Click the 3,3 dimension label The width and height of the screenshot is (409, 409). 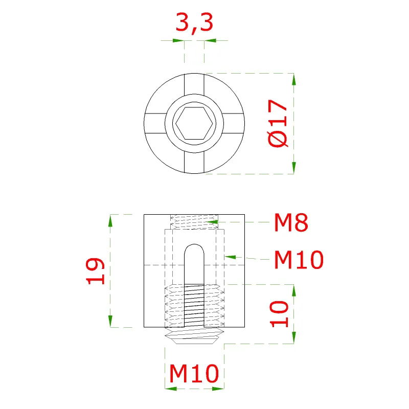coord(194,23)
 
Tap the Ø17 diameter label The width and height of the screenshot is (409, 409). coord(278,123)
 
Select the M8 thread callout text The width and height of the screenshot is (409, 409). coord(291,222)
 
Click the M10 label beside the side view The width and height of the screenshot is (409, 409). coord(299,260)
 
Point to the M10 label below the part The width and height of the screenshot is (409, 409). coord(194,374)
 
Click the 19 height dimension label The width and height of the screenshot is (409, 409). coord(96,271)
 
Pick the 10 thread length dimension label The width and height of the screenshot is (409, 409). coord(279,314)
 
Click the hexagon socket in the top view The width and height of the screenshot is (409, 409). coord(194,123)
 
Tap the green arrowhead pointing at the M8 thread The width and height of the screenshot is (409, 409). coord(212,222)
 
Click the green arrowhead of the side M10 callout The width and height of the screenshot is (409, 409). coord(231,258)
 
